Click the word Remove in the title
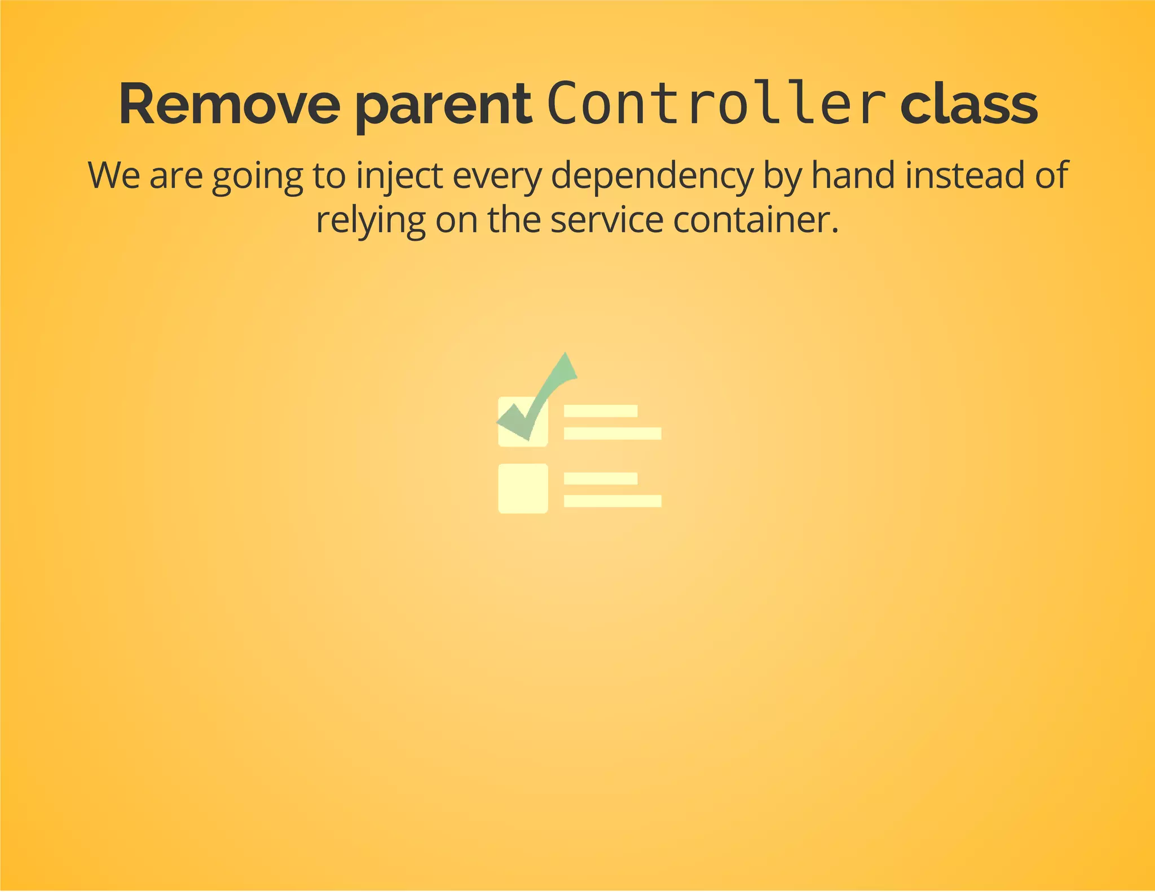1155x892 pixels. [229, 105]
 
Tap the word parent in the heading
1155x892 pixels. [444, 107]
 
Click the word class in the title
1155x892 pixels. [968, 105]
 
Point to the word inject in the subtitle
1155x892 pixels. [399, 176]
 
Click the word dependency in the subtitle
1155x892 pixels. [652, 176]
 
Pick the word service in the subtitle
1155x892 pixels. [606, 220]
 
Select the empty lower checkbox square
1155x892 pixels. [523, 488]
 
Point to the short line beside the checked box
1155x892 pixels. [601, 411]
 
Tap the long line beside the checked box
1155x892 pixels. [612, 433]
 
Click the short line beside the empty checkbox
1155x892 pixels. [601, 478]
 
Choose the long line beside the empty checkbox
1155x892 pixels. [612, 501]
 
